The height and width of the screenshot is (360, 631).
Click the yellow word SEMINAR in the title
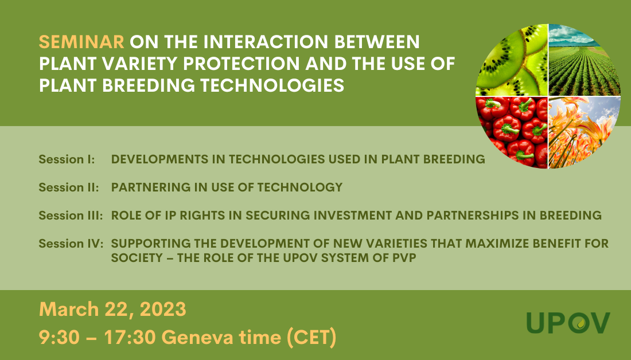[81, 42]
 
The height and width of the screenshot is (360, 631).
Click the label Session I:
[67, 159]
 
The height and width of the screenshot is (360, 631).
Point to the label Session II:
[69, 187]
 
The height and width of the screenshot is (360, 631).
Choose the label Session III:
[71, 216]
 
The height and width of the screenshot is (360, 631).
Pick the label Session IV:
[71, 244]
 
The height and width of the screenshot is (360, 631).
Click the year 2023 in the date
[163, 310]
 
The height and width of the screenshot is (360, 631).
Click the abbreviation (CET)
[311, 337]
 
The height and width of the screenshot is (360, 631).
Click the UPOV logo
[568, 323]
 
